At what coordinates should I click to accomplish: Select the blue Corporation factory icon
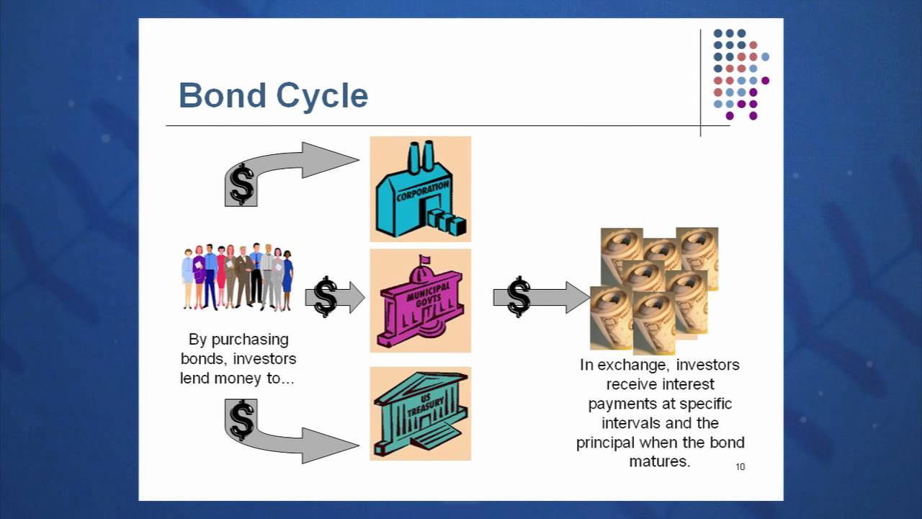(420, 189)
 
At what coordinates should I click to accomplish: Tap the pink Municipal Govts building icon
(420, 301)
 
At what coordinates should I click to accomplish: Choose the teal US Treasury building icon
(420, 413)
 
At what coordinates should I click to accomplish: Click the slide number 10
(740, 467)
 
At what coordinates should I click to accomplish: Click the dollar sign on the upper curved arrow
(242, 185)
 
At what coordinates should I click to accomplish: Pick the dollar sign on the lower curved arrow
(242, 420)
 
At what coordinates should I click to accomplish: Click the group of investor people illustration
(237, 277)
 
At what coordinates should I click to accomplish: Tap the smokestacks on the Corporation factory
(422, 156)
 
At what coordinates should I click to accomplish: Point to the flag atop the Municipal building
(425, 259)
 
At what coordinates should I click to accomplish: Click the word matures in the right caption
(660, 461)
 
